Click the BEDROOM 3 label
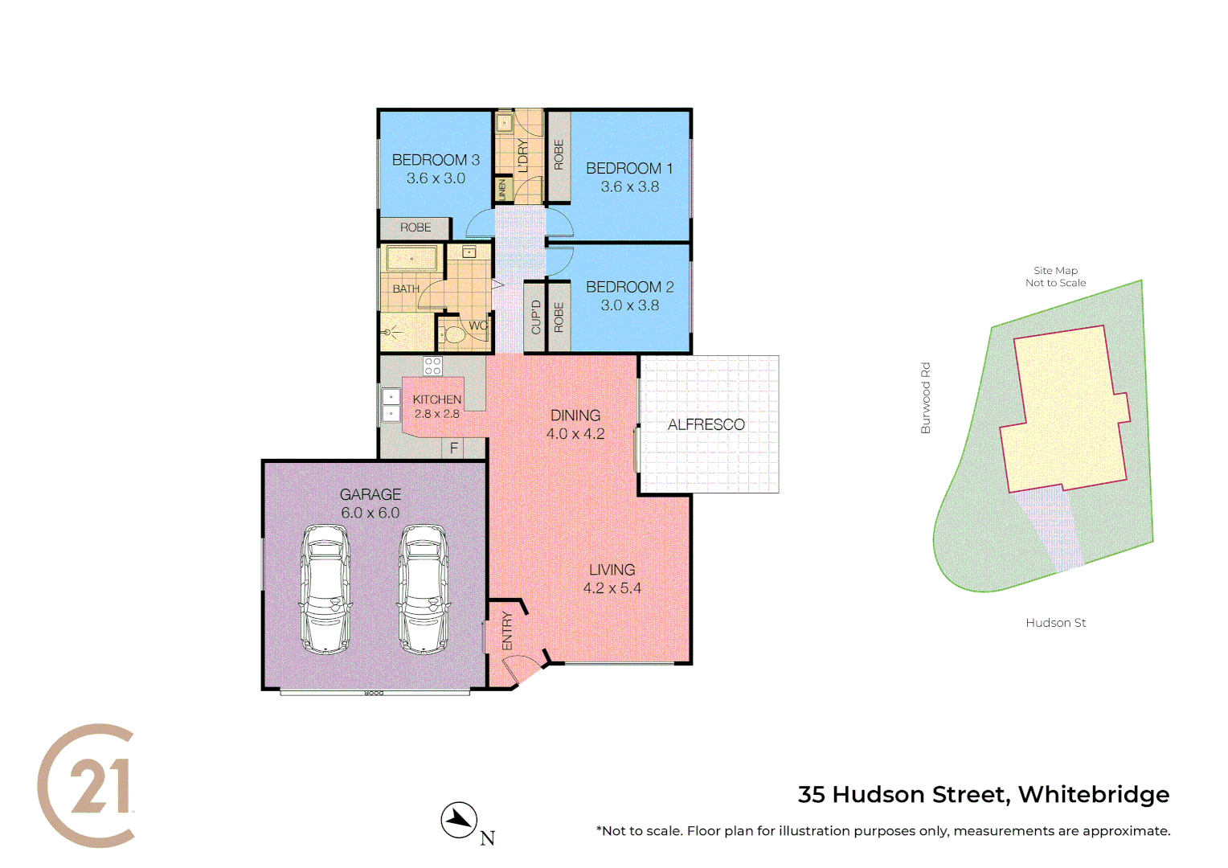[x=436, y=160]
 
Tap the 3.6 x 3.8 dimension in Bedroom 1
[x=630, y=186]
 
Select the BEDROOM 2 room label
[x=630, y=287]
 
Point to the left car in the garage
[x=325, y=589]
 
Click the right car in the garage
[x=423, y=589]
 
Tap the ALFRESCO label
[x=706, y=424]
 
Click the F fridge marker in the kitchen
[x=454, y=448]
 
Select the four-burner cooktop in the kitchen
[x=432, y=366]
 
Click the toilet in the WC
[x=456, y=334]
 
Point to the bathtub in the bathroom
[x=411, y=259]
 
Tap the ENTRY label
[x=507, y=630]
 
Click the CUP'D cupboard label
[x=536, y=317]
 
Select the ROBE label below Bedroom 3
[x=415, y=227]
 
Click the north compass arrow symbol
[x=459, y=820]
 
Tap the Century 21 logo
[x=87, y=785]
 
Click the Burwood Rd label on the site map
[x=925, y=398]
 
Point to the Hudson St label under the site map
[x=1055, y=623]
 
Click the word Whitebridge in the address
[x=1093, y=794]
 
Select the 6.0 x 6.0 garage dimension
[x=370, y=513]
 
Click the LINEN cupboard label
[x=502, y=190]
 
